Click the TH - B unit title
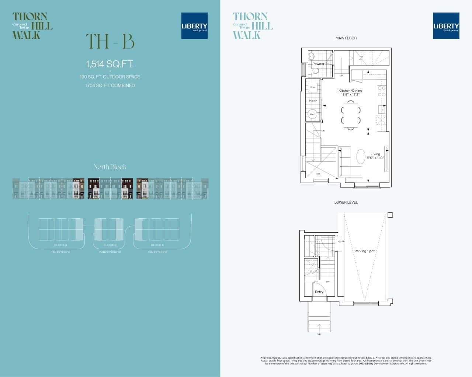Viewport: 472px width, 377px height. [110, 42]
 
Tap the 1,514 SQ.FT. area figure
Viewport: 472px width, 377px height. [110, 64]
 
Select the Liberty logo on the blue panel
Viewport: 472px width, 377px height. [194, 26]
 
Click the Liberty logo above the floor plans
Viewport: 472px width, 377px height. [446, 26]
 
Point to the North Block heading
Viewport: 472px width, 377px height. [110, 167]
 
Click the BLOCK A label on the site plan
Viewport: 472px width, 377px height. [60, 245]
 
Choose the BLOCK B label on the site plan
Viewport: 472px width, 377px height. [110, 245]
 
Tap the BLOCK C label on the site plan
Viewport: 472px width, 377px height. [157, 245]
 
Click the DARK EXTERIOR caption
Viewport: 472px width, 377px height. [110, 253]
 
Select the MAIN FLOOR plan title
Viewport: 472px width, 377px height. [346, 38]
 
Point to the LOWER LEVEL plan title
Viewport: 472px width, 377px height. [346, 202]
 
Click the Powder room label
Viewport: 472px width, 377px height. [318, 64]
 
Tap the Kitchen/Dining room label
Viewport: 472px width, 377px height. [350, 91]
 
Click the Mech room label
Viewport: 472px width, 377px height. [313, 101]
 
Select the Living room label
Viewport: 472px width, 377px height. [375, 154]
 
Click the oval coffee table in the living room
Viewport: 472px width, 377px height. [361, 156]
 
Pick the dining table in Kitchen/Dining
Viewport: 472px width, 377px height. [351, 115]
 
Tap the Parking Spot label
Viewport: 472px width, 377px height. [364, 251]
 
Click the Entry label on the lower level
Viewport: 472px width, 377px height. [319, 292]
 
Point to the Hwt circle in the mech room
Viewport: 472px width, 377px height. [312, 114]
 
